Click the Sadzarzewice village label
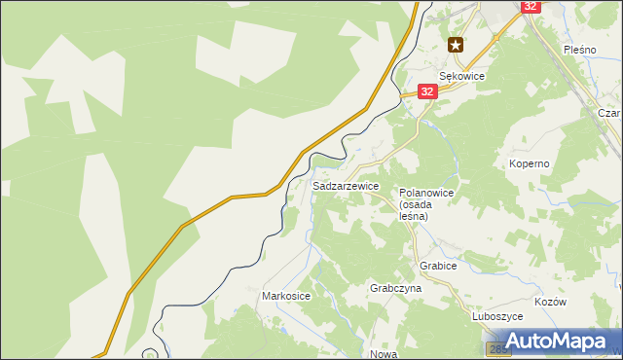[346, 185]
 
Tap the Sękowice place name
[461, 75]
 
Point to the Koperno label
[530, 163]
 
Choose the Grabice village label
[438, 265]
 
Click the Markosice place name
[286, 295]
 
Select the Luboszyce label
[498, 316]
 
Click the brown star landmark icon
[456, 44]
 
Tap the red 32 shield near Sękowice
[427, 90]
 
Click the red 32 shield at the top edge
[530, 6]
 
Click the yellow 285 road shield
[495, 348]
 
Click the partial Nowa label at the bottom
[383, 354]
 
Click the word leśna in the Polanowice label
[414, 216]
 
